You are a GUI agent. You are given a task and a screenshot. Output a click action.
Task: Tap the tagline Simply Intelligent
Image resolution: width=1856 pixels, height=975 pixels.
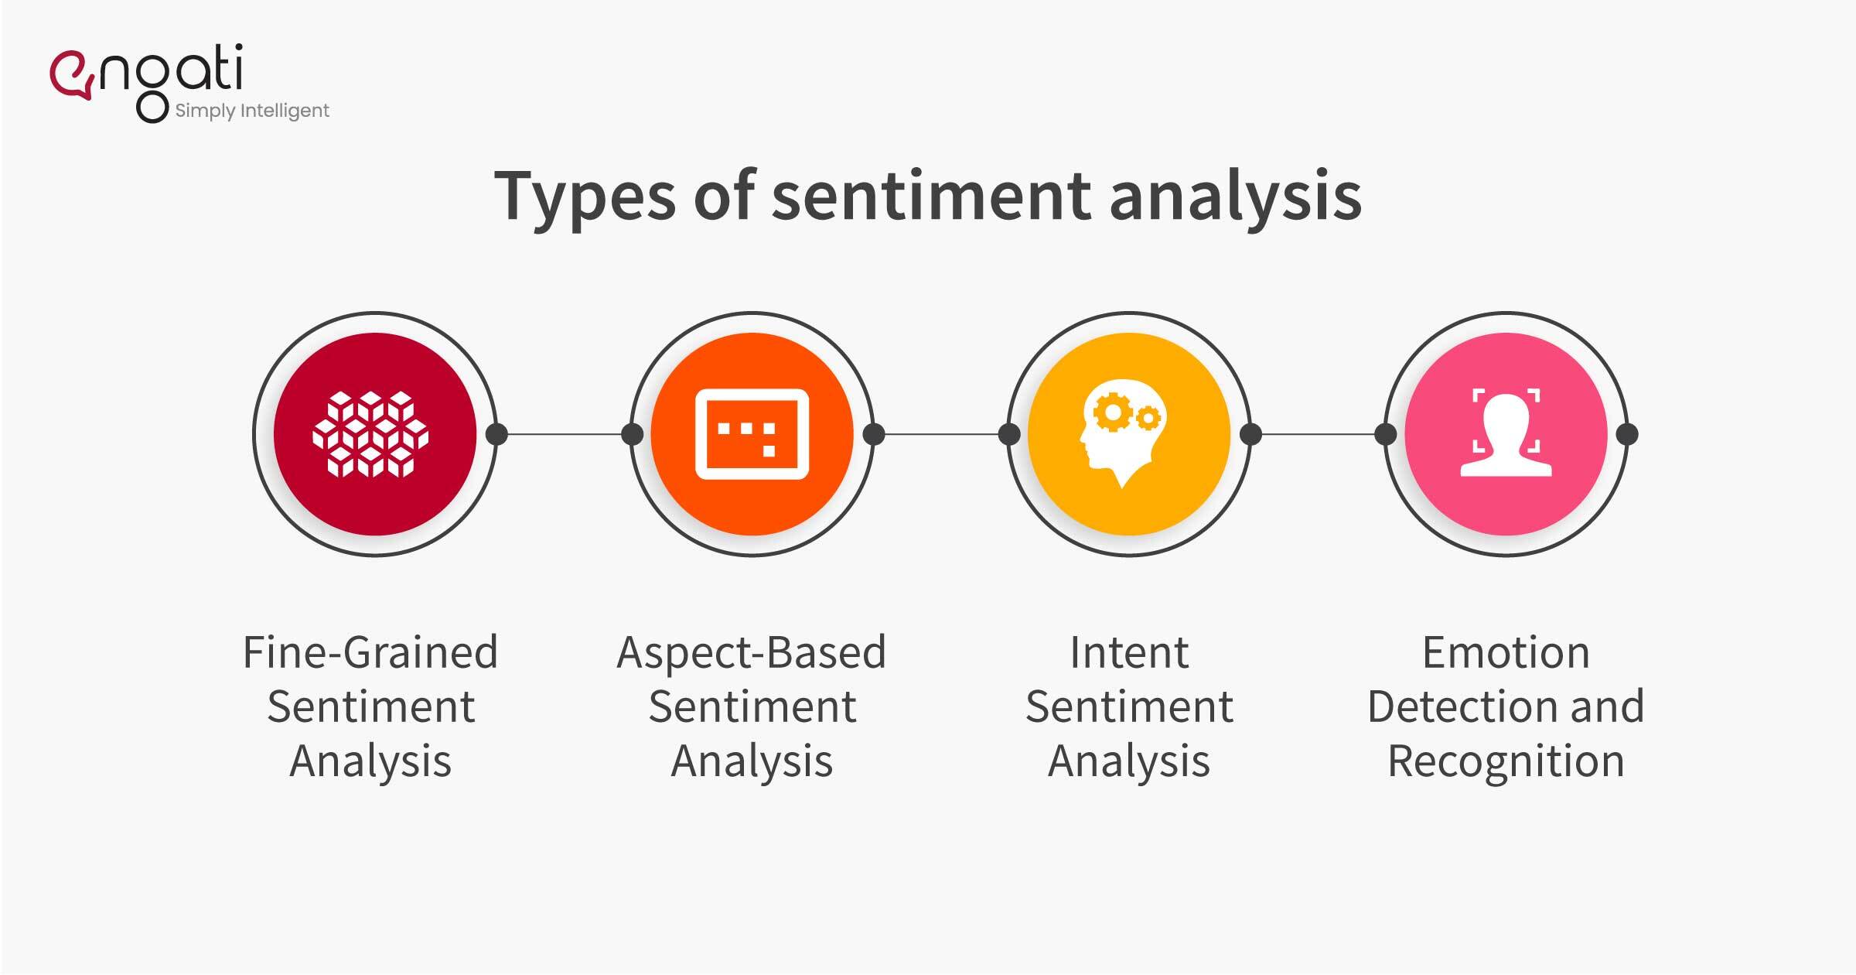252,111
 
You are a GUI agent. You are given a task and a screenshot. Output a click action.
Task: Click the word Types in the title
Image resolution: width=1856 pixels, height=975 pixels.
585,197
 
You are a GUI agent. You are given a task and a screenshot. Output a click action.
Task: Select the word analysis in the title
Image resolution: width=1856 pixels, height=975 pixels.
1235,197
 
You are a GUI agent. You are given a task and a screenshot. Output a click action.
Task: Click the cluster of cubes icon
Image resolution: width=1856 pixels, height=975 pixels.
370,434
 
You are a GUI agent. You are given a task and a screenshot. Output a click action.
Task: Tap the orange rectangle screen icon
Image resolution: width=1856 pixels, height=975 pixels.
752,434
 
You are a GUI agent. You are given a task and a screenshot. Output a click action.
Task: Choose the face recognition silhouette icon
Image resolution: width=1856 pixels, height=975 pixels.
1506,434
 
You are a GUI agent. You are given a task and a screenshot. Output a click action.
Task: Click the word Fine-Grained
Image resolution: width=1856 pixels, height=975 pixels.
370,652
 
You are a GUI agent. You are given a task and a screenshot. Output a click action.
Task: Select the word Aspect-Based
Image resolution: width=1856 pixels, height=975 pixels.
752,652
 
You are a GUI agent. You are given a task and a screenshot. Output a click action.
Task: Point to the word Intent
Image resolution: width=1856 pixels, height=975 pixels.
1129,652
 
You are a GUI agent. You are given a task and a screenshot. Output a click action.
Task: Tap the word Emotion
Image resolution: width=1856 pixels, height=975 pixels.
1506,652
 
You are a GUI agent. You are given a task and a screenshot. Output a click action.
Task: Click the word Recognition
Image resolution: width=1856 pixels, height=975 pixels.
1506,761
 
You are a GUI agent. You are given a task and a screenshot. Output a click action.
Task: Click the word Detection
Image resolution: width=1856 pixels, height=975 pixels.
1455,706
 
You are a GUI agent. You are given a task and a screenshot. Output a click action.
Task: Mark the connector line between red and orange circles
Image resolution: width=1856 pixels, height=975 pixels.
565,434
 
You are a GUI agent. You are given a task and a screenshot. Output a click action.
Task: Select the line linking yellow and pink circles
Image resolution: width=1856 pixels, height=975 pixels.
1319,434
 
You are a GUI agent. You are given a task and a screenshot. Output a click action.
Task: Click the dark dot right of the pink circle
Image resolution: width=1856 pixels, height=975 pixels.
1627,434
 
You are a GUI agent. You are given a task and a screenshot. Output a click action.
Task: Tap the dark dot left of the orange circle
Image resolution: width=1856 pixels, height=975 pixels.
632,434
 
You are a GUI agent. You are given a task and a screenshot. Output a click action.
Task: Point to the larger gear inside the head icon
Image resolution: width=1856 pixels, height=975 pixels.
1112,412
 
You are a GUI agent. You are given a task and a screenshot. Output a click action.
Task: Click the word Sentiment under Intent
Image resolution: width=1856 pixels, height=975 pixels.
1129,706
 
